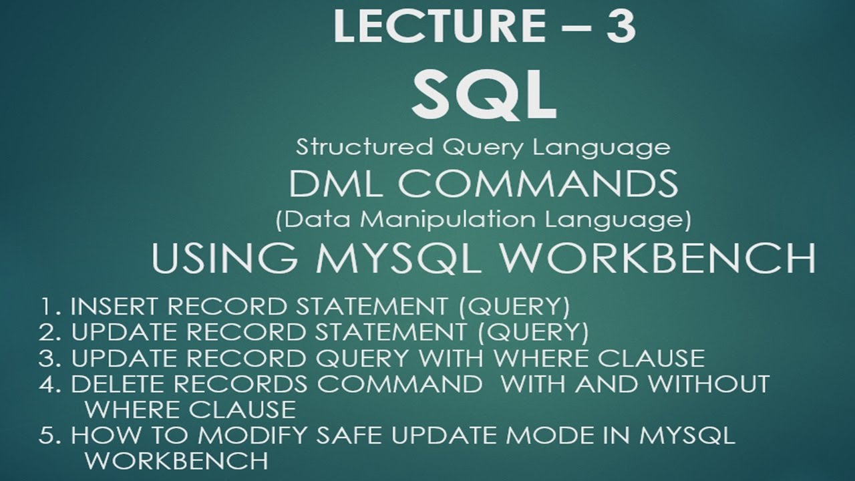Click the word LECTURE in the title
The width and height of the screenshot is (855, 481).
point(428,28)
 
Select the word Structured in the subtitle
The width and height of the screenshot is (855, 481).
point(351,147)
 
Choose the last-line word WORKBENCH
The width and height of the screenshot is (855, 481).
point(177,461)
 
